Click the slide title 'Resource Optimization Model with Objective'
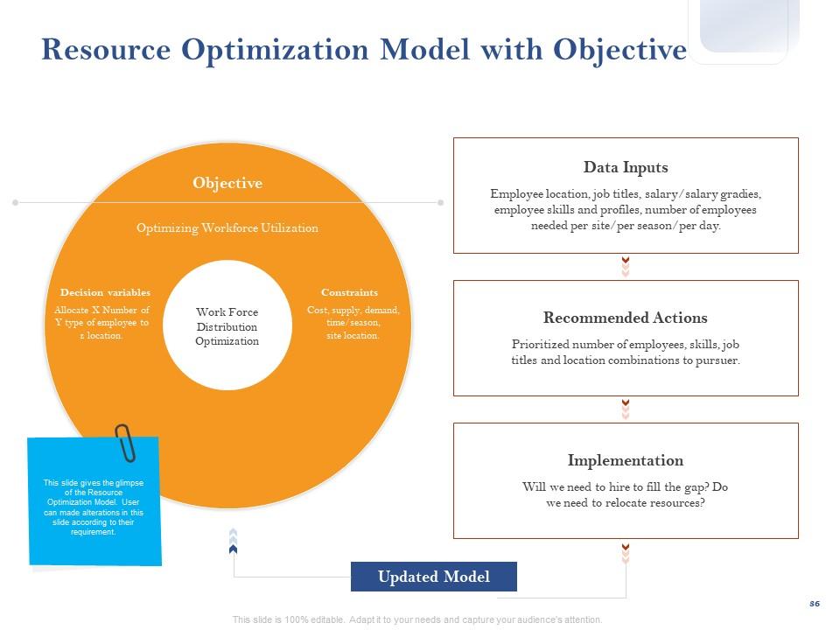364,50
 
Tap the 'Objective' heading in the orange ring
227,183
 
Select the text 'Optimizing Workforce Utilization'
227,227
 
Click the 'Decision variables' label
105,292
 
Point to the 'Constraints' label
349,292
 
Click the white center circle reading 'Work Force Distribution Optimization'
227,326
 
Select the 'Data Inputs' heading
626,167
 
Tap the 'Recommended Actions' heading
626,318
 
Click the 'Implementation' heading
626,460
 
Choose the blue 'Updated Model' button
434,577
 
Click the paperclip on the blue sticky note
126,442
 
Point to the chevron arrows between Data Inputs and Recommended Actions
626,267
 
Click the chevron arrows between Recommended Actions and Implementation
626,409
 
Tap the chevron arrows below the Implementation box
626,553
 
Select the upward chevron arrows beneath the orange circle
233,541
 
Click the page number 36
815,604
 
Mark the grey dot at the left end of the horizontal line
15,202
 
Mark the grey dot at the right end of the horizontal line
440,202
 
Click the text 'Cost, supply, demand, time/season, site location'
353,323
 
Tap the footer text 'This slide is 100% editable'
417,619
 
